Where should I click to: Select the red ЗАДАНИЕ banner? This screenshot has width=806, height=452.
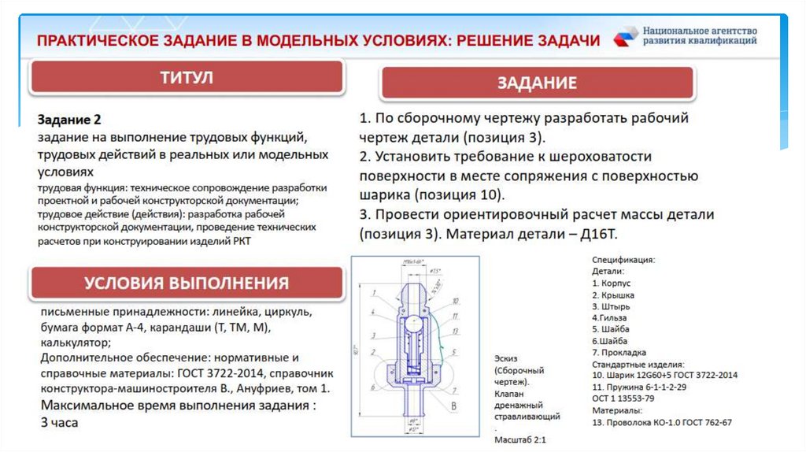click(x=537, y=83)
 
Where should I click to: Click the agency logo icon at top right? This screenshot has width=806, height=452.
click(x=627, y=36)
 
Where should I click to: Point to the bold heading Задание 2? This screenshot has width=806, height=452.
click(x=69, y=120)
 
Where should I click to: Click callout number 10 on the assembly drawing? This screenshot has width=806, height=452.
click(x=455, y=300)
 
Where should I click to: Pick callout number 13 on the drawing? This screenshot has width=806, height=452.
click(x=454, y=331)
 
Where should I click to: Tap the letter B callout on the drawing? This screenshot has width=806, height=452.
click(x=453, y=406)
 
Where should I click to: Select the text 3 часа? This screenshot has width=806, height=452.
click(x=60, y=423)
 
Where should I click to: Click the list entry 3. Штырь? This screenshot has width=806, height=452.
click(x=611, y=306)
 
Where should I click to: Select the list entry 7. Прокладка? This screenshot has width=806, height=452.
click(x=619, y=352)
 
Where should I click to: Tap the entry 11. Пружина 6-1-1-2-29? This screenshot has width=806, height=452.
click(x=639, y=387)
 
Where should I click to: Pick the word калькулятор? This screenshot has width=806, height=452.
click(x=73, y=343)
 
